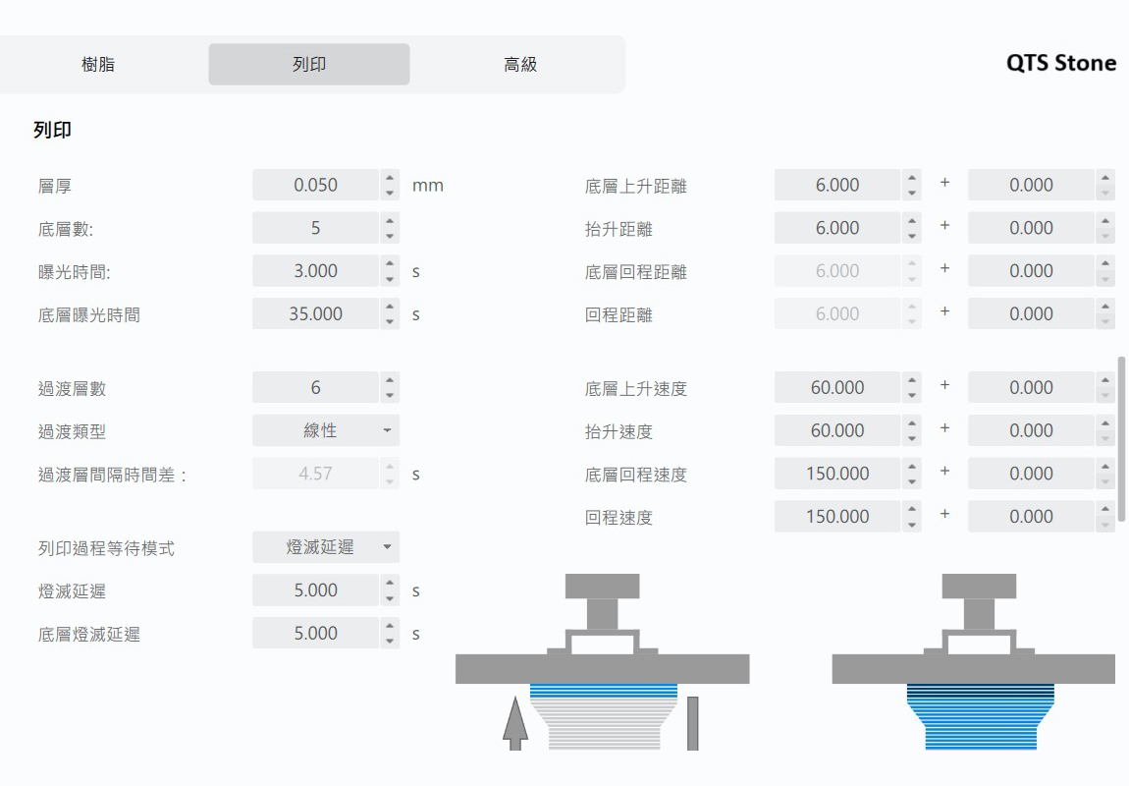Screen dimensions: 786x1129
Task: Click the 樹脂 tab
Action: coord(98,65)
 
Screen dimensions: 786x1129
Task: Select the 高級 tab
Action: coord(519,65)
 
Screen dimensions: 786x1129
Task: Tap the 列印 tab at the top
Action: coord(309,65)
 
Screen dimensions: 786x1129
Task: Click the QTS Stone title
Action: coord(1060,63)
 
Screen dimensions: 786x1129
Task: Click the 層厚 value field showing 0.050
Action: coord(315,185)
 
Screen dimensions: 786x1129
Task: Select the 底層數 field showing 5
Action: coord(315,228)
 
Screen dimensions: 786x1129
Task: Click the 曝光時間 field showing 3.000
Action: coord(315,271)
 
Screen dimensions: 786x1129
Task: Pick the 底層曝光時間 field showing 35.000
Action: coord(315,314)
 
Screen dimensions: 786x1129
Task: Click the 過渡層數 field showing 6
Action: coord(315,388)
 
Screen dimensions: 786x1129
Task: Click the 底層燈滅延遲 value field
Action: coord(315,634)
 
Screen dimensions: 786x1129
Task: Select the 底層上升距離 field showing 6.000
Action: coord(836,185)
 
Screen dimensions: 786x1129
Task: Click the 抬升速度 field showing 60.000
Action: coord(836,430)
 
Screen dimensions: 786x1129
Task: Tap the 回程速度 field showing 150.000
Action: coord(836,517)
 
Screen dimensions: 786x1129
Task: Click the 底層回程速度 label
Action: coord(635,475)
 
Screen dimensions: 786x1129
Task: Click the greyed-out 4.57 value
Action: coord(315,474)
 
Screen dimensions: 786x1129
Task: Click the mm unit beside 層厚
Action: coord(428,185)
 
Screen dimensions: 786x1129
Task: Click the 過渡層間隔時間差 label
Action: coord(112,475)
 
